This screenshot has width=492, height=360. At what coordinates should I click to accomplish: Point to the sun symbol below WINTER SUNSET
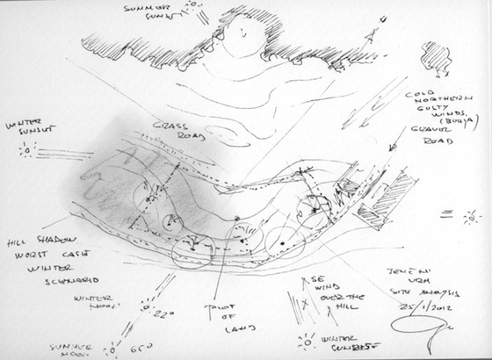click(28, 150)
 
